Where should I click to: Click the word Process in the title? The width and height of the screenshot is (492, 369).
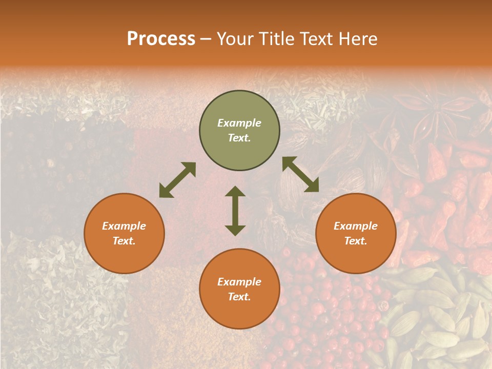(161, 39)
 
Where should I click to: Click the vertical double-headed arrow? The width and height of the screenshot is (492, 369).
(235, 211)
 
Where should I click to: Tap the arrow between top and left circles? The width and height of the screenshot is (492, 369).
(177, 180)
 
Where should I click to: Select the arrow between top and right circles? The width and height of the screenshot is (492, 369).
(301, 174)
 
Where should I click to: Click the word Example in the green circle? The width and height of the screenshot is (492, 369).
(239, 123)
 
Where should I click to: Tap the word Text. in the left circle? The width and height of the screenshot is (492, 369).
(124, 241)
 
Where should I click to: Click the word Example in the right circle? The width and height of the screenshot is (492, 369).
(356, 226)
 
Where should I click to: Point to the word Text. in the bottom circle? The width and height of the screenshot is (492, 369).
(239, 297)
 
